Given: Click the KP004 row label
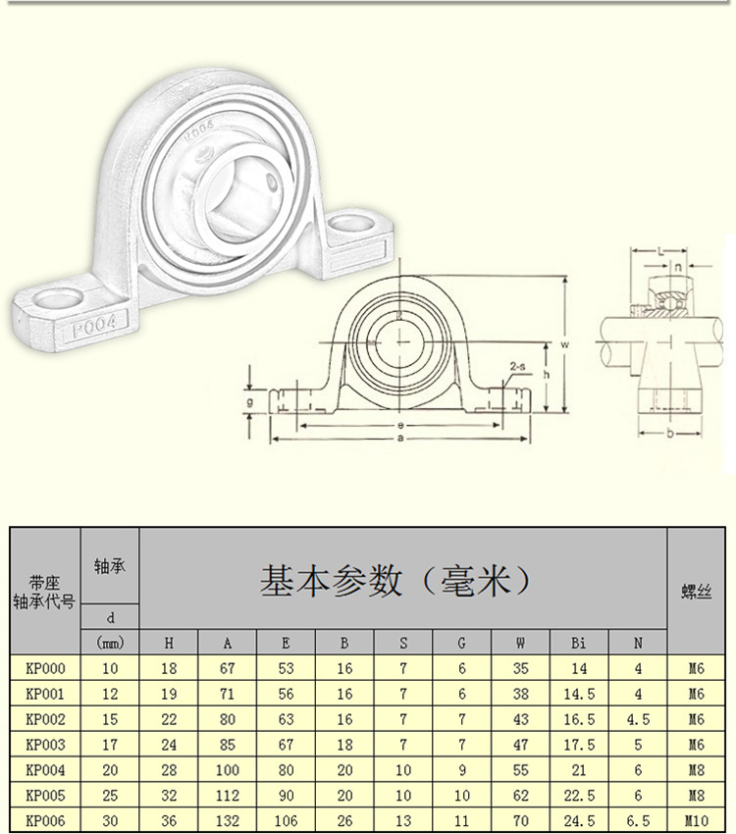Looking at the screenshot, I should pyautogui.click(x=45, y=770).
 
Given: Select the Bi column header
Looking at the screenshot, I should pyautogui.click(x=579, y=644).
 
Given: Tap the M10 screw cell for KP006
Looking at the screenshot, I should pyautogui.click(x=696, y=820).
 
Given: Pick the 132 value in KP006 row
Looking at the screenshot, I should pyautogui.click(x=227, y=820).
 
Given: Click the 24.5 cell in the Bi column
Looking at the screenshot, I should pyautogui.click(x=579, y=820).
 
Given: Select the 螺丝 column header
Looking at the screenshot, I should pyautogui.click(x=696, y=593).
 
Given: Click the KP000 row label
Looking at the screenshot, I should pyautogui.click(x=45, y=668).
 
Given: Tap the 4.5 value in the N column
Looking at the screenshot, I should pyautogui.click(x=638, y=719).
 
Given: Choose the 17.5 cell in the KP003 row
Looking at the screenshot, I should pyautogui.click(x=579, y=745).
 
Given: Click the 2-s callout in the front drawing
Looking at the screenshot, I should pyautogui.click(x=516, y=367).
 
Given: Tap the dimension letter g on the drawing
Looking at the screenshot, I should pyautogui.click(x=251, y=401).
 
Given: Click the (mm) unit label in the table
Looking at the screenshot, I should pyautogui.click(x=109, y=644).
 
